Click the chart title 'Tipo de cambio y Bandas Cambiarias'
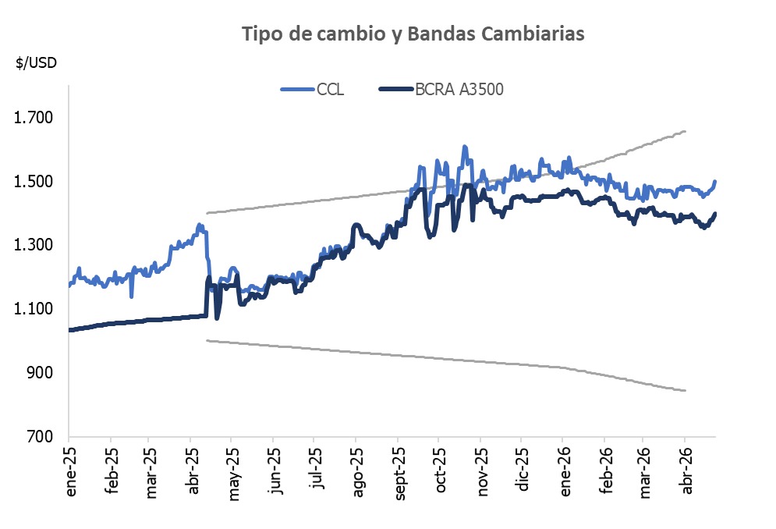tap(413, 34)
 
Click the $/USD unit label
tap(36, 63)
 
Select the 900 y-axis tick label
tap(41, 373)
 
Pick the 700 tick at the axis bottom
tap(41, 437)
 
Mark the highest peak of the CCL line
tap(465, 147)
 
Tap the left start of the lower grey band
tap(207, 340)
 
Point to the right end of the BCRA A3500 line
tap(715, 214)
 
